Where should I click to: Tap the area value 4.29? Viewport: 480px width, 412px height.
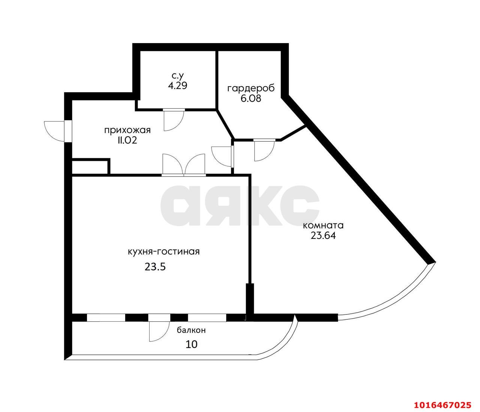point(178,85)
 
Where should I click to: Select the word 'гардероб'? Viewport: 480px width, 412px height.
point(251,89)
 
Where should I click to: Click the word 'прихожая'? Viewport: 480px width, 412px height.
point(127,130)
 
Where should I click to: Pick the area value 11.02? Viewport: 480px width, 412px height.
point(127,141)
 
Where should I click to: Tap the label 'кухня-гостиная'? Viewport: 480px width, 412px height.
point(163,252)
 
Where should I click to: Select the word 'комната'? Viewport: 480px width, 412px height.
point(323,226)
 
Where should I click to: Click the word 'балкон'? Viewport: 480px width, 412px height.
point(191,331)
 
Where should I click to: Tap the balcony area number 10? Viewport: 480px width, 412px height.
point(191,344)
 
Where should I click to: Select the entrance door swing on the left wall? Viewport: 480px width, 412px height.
point(54,130)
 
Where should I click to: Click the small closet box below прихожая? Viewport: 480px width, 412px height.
point(90,167)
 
